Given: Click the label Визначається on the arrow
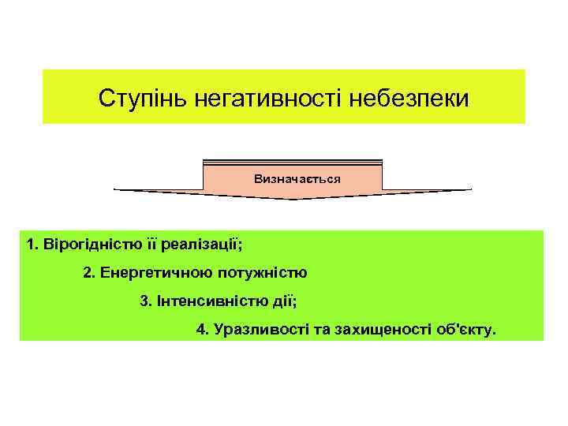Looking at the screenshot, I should point(297,179).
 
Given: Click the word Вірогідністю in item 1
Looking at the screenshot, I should point(87,245).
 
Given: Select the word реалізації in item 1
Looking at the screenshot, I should point(207,245).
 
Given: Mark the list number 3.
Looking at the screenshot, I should point(144,301).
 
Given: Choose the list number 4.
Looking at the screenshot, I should point(200,330).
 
